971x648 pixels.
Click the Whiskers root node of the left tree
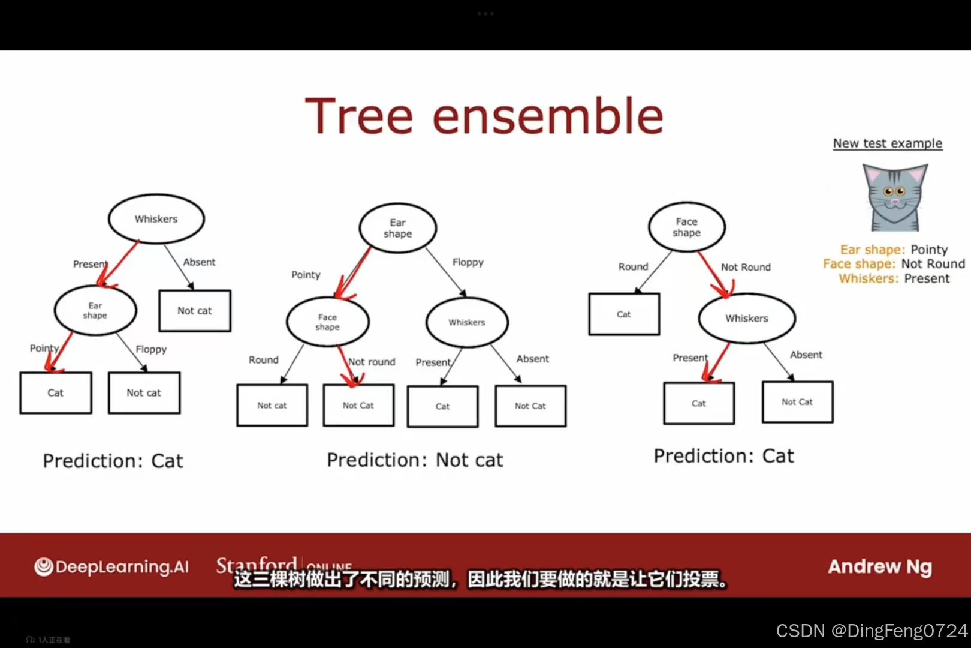[x=156, y=219]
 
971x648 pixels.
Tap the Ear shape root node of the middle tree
[x=397, y=228]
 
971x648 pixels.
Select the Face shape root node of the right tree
[x=686, y=227]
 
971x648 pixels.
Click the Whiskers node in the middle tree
[x=467, y=322]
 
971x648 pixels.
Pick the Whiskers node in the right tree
[x=746, y=318]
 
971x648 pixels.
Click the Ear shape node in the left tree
[x=95, y=310]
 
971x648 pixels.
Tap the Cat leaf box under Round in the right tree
[x=624, y=314]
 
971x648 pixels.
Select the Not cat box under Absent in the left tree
[x=195, y=311]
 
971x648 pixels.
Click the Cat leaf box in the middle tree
[x=442, y=406]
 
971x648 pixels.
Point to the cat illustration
[x=894, y=197]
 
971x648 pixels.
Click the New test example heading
[x=887, y=143]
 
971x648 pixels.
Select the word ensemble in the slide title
[x=547, y=116]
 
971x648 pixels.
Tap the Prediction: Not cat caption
[x=415, y=460]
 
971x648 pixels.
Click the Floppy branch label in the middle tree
[x=468, y=262]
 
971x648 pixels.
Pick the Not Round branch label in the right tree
[x=746, y=267]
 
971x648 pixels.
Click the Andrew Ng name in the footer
[x=879, y=566]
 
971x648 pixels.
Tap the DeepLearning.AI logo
[x=111, y=566]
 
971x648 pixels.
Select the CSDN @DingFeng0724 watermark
[x=872, y=631]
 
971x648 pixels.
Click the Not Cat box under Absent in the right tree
[x=797, y=402]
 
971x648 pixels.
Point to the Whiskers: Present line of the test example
[x=894, y=278]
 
